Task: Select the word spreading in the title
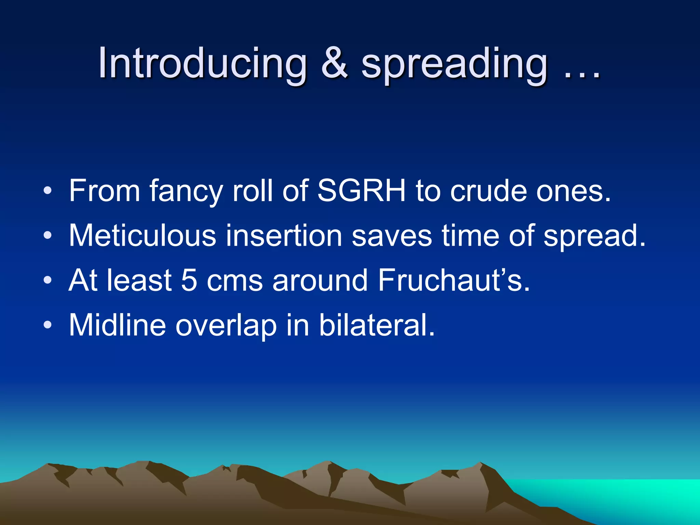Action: [455, 65]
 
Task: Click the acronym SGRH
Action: [361, 190]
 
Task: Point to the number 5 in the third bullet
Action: [189, 280]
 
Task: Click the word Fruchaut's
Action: [454, 280]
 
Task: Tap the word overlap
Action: [226, 326]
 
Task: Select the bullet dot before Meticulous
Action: [48, 235]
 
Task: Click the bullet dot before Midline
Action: [48, 325]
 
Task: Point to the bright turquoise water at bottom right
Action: [632, 496]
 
